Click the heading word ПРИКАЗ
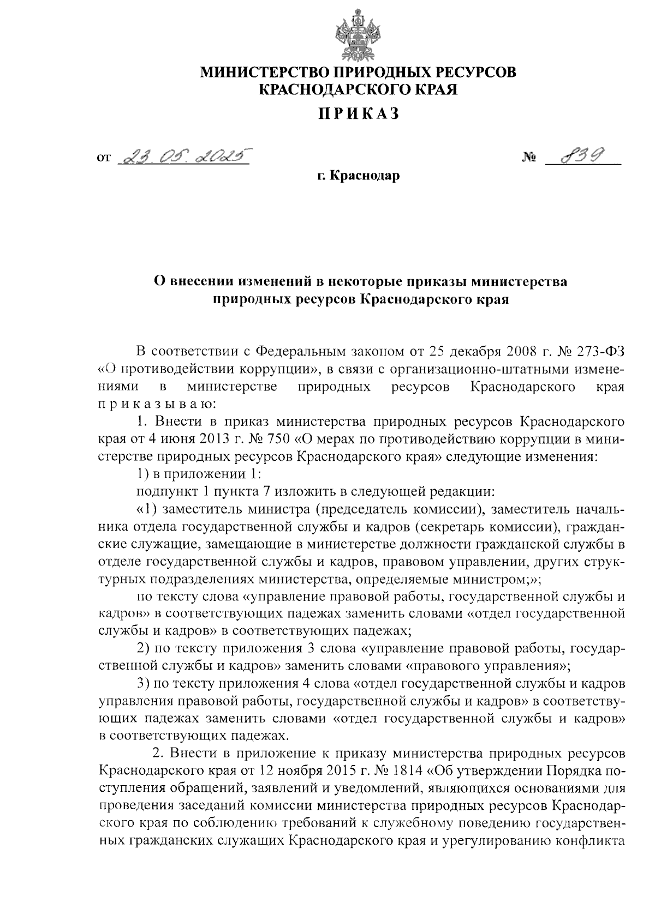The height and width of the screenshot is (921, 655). (x=359, y=114)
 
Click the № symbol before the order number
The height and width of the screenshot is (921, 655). (x=529, y=159)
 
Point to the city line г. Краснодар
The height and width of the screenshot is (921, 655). (x=359, y=176)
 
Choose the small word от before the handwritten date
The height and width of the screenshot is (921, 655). (x=103, y=159)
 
